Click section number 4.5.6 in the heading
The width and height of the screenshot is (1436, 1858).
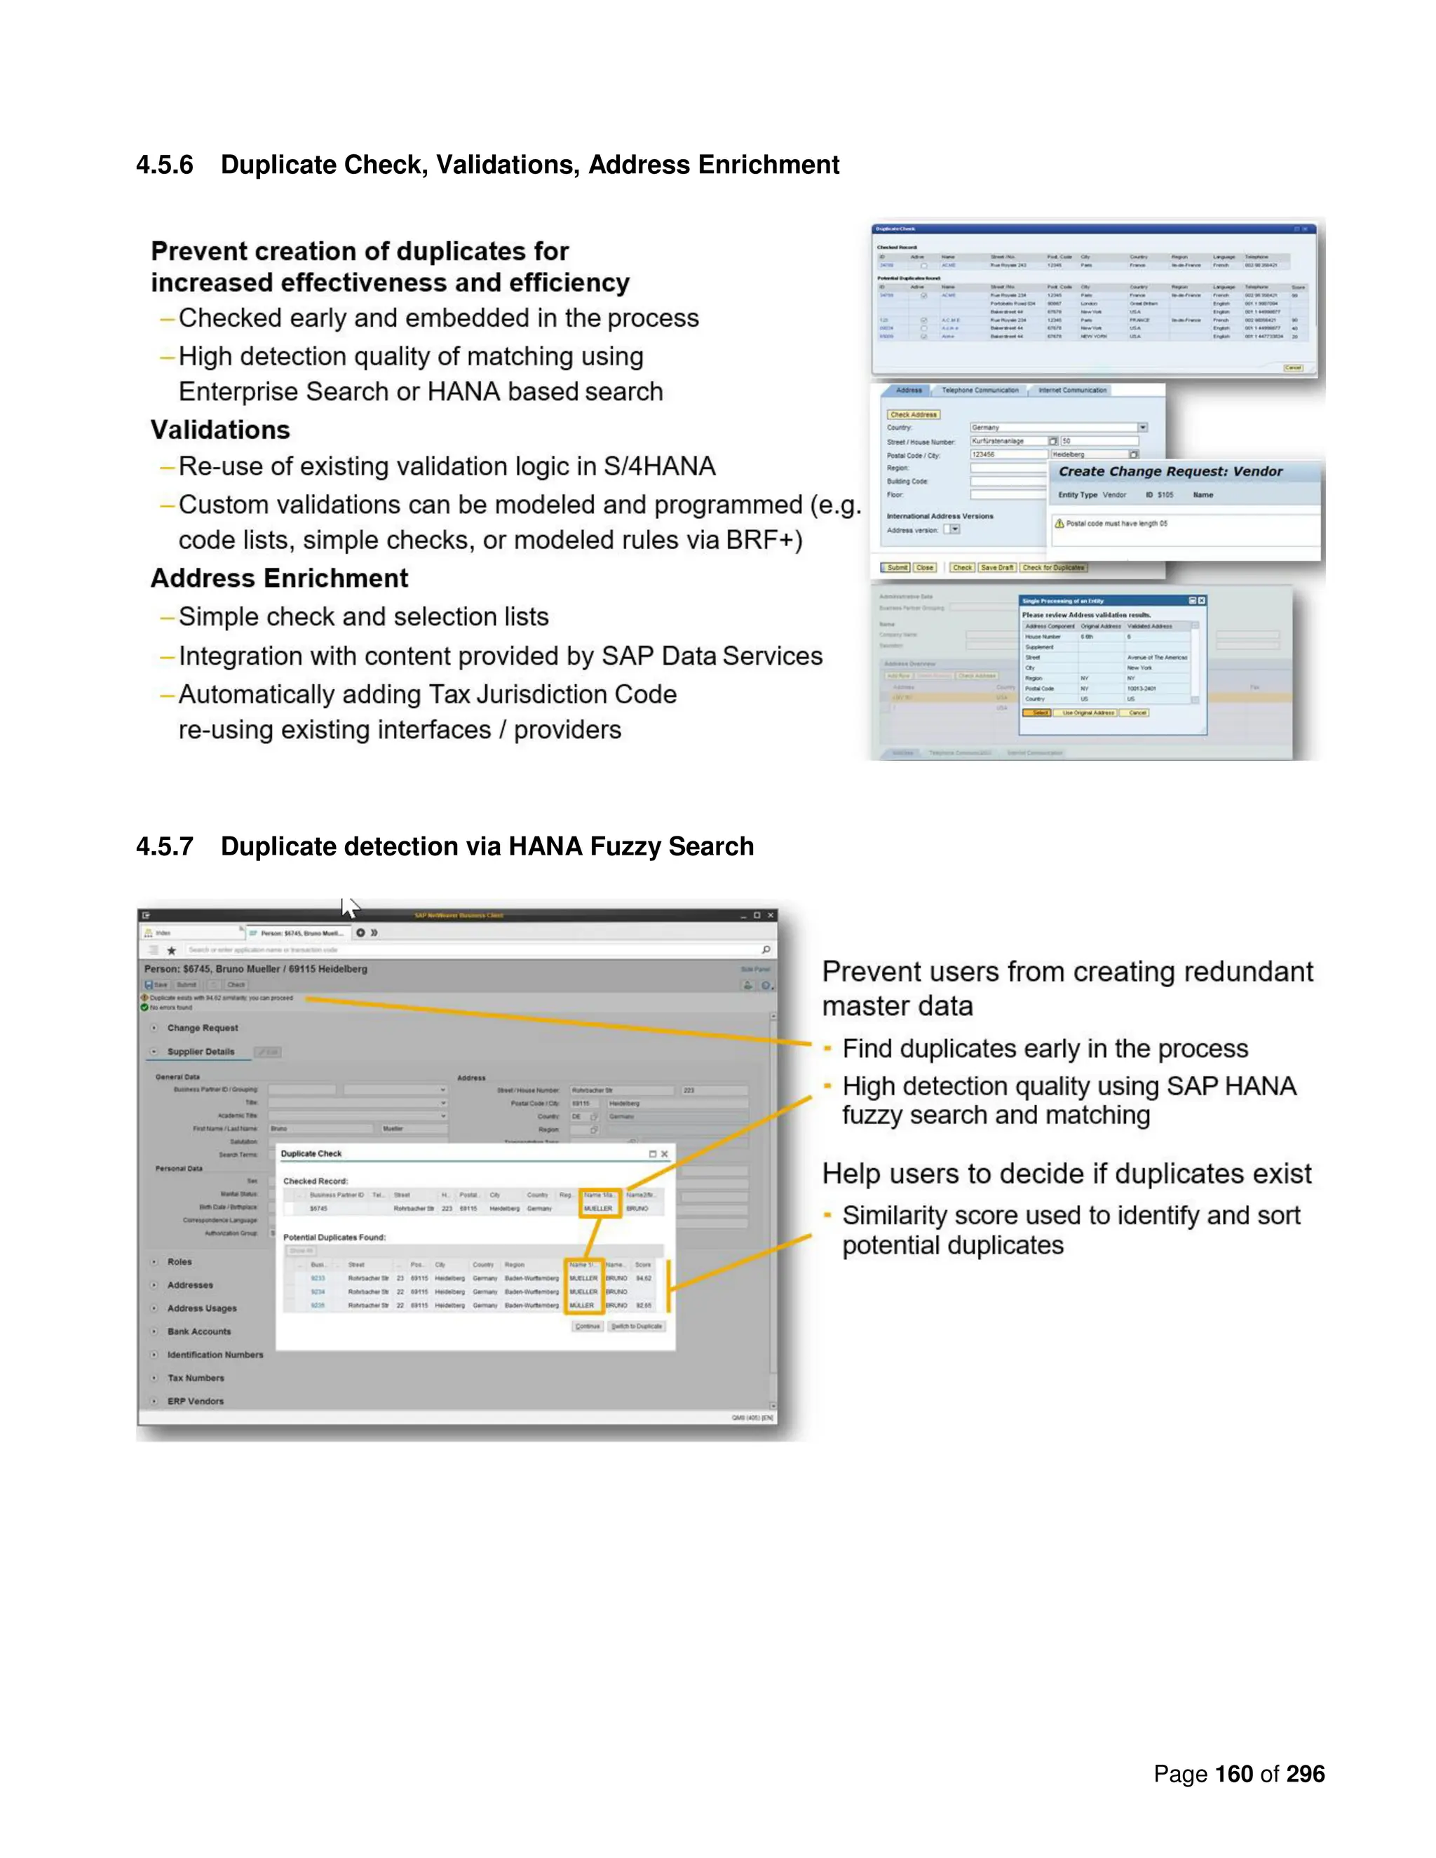[x=164, y=164]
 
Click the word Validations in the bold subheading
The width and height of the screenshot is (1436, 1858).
[x=220, y=430]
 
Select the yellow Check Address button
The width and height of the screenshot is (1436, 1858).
[x=913, y=414]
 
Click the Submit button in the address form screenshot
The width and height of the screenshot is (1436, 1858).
[x=896, y=567]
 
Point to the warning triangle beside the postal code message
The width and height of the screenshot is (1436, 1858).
[x=1059, y=523]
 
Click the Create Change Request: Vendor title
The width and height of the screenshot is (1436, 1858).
[x=1170, y=471]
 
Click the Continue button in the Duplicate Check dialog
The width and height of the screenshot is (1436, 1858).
[x=587, y=1327]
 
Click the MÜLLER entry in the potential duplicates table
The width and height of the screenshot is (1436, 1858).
[x=582, y=1305]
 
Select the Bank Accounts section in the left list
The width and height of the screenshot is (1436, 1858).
[x=198, y=1331]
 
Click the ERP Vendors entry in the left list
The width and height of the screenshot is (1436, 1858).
[x=195, y=1401]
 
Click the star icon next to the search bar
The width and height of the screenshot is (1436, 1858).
[x=171, y=950]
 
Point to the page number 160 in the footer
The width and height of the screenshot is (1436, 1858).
[x=1233, y=1774]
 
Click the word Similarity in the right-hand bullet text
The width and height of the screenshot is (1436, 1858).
[x=893, y=1216]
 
